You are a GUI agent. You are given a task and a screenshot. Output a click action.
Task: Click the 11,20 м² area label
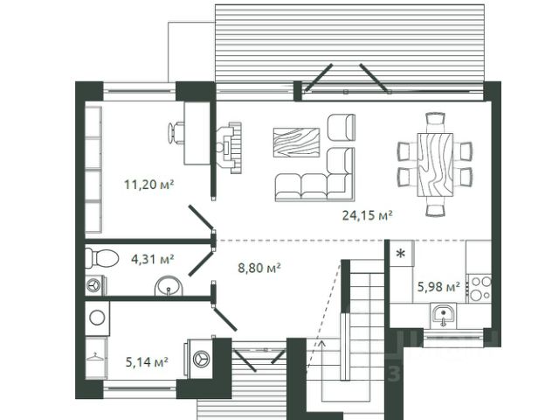point(149,185)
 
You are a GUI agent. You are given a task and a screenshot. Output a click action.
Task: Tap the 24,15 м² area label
point(367,215)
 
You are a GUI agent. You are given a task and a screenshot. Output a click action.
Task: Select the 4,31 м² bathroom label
point(153,259)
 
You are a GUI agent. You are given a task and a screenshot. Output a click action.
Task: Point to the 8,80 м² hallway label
point(259,268)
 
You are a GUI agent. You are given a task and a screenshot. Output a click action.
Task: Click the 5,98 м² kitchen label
point(438,286)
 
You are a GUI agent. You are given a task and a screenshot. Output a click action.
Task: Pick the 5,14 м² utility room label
point(147,362)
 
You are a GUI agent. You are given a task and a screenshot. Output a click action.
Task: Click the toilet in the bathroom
point(102,258)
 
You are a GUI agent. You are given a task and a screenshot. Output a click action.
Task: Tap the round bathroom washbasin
point(169,286)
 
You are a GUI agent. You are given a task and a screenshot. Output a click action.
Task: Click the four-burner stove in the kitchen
point(480,289)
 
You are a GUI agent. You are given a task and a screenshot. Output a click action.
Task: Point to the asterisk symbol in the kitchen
point(401,254)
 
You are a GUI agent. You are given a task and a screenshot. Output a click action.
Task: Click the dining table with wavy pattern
point(435,165)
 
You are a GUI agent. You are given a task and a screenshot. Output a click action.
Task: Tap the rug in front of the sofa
point(296,143)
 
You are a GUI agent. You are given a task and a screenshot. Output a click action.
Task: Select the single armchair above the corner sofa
point(342,128)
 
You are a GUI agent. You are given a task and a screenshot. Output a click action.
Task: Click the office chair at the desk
point(176,133)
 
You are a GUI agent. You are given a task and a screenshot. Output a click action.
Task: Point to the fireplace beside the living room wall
point(229,148)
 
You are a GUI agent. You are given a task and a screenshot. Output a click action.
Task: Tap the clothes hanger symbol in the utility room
point(95,357)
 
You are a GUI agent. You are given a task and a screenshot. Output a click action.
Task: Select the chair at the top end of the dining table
point(435,118)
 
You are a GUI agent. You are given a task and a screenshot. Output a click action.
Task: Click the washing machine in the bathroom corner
point(95,286)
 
